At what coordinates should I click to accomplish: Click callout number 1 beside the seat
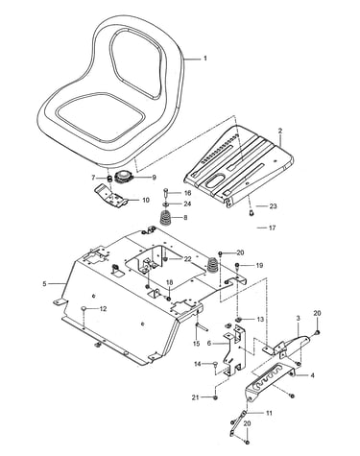205,59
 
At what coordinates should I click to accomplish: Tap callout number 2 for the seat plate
280,131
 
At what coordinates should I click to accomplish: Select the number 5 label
44,283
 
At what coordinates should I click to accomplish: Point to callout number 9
154,177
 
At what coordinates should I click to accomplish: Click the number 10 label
146,200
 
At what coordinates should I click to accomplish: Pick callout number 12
103,309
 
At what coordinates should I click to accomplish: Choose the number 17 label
273,228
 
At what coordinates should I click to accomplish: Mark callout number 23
273,206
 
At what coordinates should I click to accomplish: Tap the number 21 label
195,397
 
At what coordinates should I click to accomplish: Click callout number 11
269,413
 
